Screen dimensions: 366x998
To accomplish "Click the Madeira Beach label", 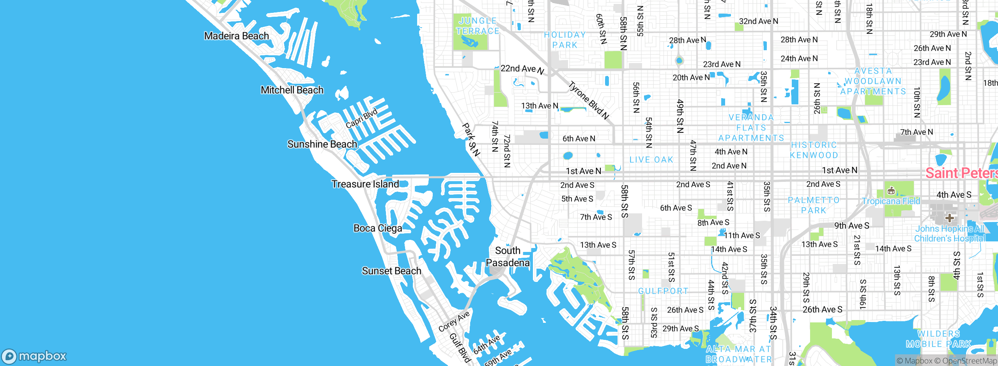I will point(236,36).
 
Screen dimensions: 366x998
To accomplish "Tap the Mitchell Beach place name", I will point(292,90).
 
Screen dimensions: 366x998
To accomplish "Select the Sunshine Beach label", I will point(322,144).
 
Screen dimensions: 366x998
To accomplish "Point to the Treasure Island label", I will point(365,184).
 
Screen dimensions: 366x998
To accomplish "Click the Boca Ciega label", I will point(377,228).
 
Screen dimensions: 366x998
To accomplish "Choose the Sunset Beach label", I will point(391,271).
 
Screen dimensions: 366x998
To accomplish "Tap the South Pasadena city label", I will point(508,257).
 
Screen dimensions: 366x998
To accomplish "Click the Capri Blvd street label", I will point(361,118).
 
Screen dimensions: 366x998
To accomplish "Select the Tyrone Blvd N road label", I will point(588,100).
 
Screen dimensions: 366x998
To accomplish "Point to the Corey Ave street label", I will point(454,322).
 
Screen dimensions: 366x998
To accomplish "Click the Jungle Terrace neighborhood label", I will point(478,26).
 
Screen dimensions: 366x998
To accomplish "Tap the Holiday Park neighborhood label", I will point(565,40).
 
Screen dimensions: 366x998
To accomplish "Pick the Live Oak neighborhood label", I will point(651,160).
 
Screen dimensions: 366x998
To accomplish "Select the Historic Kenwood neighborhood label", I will point(814,150).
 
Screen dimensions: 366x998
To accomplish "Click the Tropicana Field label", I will point(890,201).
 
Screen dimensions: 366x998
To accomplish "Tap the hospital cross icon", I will point(949,218).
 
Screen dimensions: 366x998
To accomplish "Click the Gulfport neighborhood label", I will point(663,291).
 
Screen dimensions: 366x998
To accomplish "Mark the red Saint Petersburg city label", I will point(961,173).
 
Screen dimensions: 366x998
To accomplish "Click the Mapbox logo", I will point(34,356).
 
